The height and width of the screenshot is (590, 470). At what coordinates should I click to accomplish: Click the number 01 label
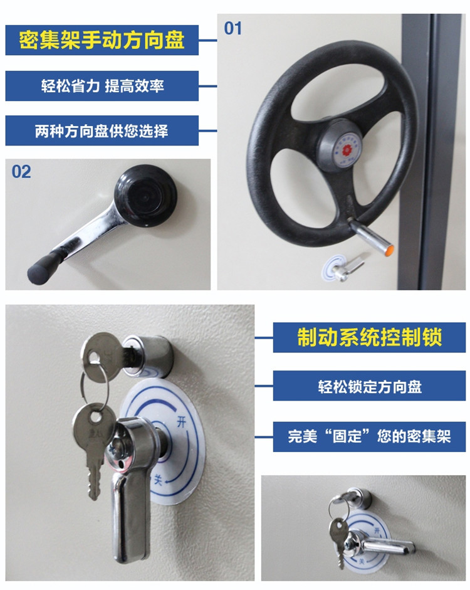coord(232,29)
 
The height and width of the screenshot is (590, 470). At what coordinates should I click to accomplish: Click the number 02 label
coord(21,172)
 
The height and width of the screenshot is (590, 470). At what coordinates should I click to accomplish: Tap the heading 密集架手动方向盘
coord(102,40)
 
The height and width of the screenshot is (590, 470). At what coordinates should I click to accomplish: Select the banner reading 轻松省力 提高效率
coord(102,86)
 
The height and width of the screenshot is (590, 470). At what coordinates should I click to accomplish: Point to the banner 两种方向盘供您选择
coord(102,131)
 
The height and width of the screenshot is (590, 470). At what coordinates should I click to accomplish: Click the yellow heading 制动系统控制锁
coord(369,337)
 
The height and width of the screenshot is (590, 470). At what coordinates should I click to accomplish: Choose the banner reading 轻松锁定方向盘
coord(369,386)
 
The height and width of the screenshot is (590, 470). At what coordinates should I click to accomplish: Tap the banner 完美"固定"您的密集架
coord(369,436)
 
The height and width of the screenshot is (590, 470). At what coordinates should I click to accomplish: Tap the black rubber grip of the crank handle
coord(42,268)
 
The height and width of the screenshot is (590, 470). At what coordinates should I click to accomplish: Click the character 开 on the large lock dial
coord(182,422)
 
